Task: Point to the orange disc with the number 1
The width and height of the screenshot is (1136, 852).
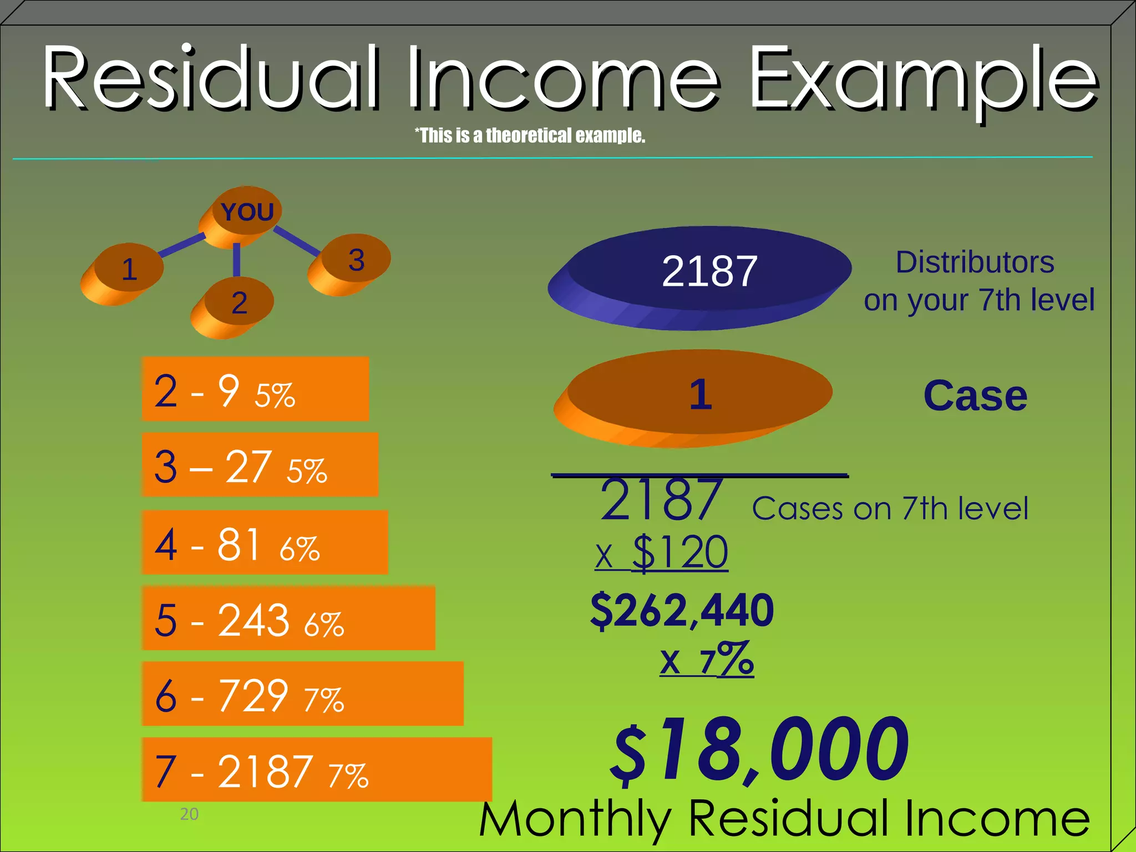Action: click(699, 395)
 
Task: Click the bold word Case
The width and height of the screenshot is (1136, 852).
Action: click(975, 396)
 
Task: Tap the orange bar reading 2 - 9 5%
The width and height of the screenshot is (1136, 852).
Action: click(255, 389)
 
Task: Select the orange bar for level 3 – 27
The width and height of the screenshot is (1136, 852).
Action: click(260, 465)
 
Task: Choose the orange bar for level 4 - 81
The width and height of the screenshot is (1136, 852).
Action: click(265, 542)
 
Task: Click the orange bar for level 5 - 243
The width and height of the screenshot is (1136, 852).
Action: click(288, 618)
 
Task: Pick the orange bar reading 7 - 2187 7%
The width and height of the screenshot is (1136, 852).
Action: click(316, 769)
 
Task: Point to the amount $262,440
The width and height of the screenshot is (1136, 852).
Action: click(682, 610)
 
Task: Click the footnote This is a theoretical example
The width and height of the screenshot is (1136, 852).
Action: click(530, 135)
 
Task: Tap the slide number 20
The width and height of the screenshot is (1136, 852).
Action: click(189, 814)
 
